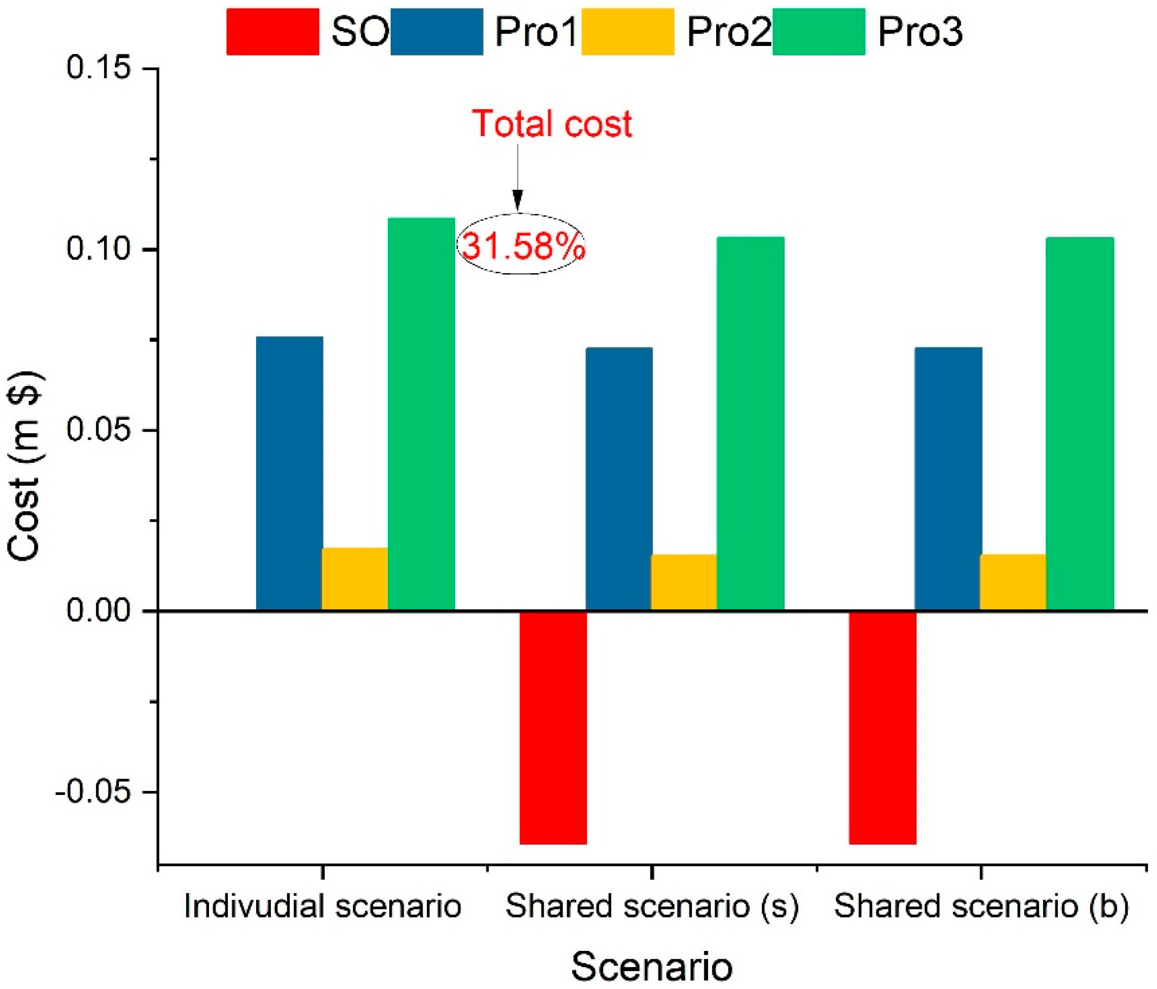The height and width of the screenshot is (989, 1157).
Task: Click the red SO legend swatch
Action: click(x=272, y=32)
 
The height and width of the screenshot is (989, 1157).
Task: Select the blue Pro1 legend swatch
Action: click(x=437, y=32)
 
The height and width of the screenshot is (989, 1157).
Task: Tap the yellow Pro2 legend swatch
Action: click(x=628, y=32)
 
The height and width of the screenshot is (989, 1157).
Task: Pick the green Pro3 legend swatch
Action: click(x=819, y=32)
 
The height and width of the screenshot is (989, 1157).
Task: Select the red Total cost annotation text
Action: click(x=552, y=123)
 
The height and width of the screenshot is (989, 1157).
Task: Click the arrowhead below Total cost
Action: click(x=518, y=199)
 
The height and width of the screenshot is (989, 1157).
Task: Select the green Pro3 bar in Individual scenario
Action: click(x=421, y=413)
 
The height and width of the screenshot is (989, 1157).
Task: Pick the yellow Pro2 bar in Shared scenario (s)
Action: click(x=684, y=582)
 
